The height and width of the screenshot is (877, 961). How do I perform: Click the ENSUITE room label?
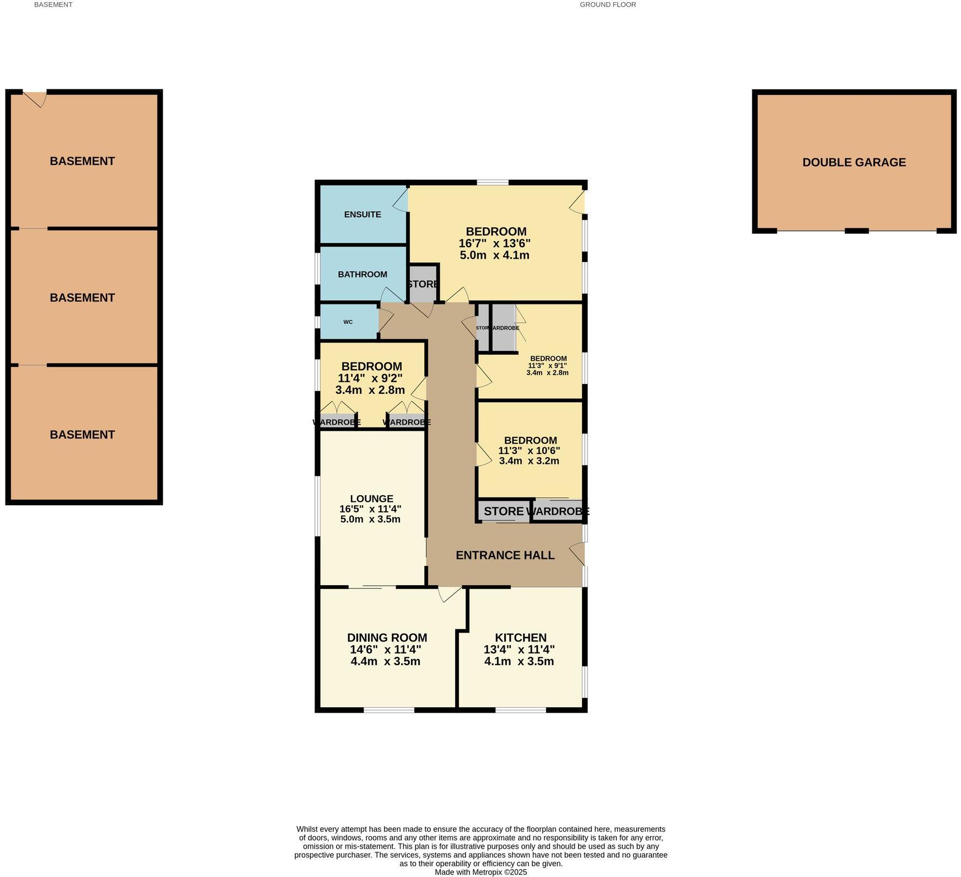[x=362, y=215]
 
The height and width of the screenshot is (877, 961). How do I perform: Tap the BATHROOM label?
[x=362, y=274]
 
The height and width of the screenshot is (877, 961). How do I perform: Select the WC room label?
[x=348, y=322]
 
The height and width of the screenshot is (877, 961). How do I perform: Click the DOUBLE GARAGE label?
[x=854, y=162]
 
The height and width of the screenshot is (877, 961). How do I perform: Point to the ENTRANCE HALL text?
[x=505, y=555]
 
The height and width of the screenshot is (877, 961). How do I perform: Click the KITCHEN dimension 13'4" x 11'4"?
[x=519, y=650]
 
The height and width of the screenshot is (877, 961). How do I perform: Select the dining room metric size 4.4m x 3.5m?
[x=385, y=661]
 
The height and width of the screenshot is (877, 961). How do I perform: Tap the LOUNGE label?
[x=371, y=499]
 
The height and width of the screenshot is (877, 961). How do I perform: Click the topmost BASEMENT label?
[x=82, y=161]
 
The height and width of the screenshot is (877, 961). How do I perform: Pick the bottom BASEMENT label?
[x=82, y=435]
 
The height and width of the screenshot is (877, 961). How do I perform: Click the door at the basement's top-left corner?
[x=36, y=98]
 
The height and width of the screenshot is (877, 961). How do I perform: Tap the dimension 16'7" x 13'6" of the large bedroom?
[x=494, y=243]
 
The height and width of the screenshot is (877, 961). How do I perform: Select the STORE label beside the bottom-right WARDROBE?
[x=503, y=511]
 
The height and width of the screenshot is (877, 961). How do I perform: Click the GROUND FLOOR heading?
[x=607, y=4]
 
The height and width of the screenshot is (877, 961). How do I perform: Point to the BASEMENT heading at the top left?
[x=53, y=4]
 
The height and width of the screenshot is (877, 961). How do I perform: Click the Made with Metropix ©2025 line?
[x=480, y=872]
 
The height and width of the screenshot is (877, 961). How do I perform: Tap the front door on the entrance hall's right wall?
[x=578, y=554]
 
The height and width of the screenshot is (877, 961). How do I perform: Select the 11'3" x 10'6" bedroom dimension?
[x=529, y=451]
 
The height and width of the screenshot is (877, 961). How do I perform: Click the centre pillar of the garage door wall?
[x=856, y=231]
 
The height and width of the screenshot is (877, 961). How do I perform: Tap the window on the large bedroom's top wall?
[x=493, y=183]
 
